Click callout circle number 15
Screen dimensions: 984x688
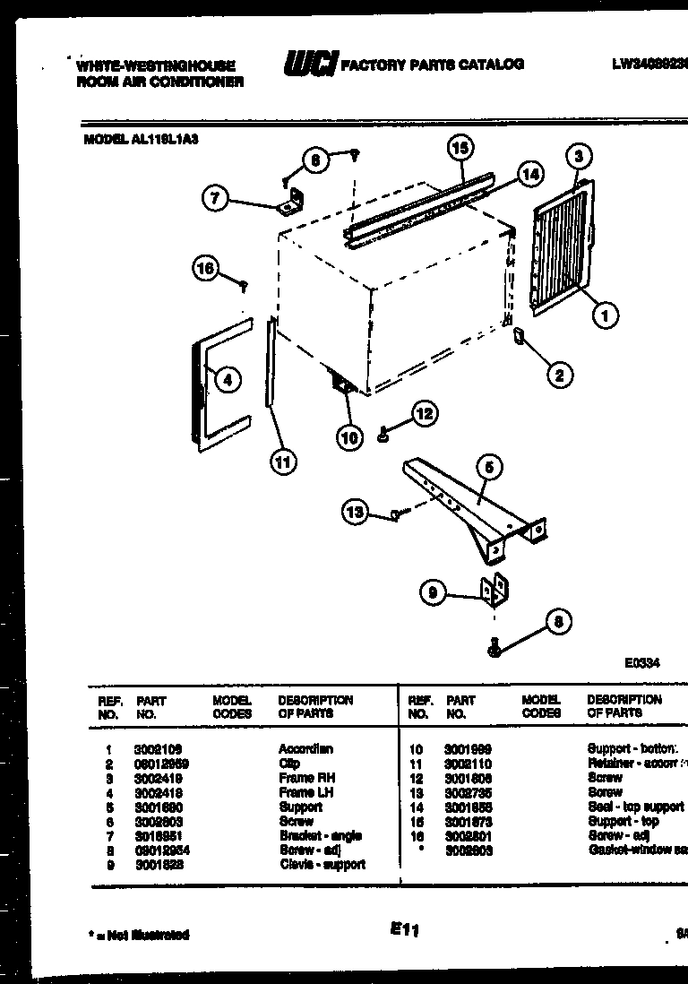click(460, 148)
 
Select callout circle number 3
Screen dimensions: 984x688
click(579, 157)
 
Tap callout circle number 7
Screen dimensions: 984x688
click(215, 197)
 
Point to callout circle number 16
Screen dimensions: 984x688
click(206, 267)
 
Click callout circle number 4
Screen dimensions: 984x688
click(228, 380)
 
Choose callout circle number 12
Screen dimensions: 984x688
click(425, 413)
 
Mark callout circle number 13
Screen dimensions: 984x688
click(356, 512)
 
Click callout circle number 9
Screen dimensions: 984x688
click(434, 592)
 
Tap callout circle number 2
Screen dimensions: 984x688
click(560, 375)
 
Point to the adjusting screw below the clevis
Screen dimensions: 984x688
click(494, 647)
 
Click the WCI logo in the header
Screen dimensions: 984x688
click(310, 64)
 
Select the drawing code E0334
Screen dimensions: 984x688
click(641, 664)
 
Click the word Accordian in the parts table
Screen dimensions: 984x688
click(305, 749)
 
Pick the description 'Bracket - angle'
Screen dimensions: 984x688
click(320, 835)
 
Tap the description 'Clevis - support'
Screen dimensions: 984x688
click(322, 865)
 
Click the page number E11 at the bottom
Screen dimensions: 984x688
click(405, 931)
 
